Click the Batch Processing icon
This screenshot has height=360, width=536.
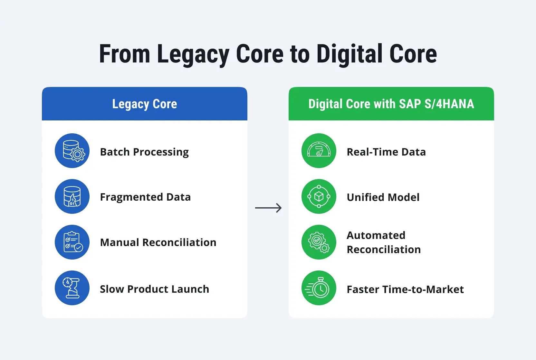tap(72, 151)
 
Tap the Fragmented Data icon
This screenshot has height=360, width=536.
tap(72, 196)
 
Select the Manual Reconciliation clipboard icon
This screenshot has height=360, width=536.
tap(72, 242)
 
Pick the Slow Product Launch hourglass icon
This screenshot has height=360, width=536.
tap(72, 288)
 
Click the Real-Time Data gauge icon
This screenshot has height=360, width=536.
tap(319, 151)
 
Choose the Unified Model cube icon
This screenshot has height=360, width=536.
tap(319, 196)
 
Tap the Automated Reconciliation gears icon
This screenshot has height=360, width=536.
tap(319, 242)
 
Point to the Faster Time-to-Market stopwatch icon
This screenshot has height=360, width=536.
tap(319, 288)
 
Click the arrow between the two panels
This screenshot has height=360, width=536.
tap(268, 208)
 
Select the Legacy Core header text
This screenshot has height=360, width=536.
tap(145, 104)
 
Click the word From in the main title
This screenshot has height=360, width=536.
tap(125, 54)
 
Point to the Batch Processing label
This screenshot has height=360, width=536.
tap(144, 152)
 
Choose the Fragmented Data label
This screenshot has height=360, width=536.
tap(145, 197)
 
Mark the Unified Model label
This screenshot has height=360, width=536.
tap(383, 197)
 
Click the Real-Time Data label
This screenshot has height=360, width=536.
tap(386, 152)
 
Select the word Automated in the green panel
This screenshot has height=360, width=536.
tap(376, 235)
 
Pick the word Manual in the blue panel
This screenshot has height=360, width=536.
tap(120, 242)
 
